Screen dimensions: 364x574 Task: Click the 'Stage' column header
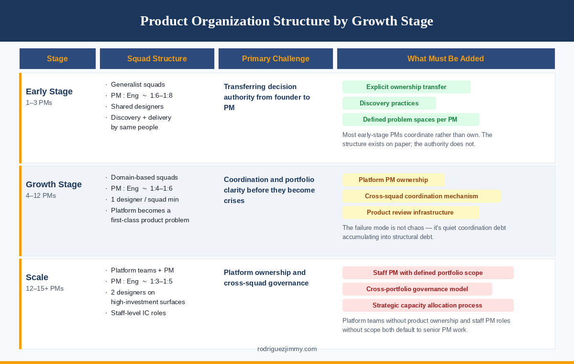click(x=57, y=59)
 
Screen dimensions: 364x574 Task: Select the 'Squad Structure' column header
click(x=157, y=59)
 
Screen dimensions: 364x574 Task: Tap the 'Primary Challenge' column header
click(x=276, y=59)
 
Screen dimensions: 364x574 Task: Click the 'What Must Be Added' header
click(x=445, y=59)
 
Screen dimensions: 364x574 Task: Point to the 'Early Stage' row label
click(x=49, y=91)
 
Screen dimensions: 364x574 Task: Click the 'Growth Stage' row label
click(x=54, y=184)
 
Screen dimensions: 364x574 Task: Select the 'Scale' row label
click(x=37, y=277)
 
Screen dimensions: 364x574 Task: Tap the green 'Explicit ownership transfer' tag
click(x=406, y=87)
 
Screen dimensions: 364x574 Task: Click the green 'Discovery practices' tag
click(x=389, y=103)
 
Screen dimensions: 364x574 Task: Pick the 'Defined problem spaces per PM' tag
click(x=410, y=120)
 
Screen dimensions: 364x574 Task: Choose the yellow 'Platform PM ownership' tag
click(x=393, y=180)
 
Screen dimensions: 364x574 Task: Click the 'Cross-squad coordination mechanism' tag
click(x=421, y=196)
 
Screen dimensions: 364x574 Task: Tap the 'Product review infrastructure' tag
click(x=410, y=213)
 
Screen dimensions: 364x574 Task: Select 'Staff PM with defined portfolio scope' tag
click(x=428, y=273)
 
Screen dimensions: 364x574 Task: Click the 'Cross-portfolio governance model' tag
click(x=417, y=289)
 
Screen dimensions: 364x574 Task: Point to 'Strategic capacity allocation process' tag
click(x=427, y=306)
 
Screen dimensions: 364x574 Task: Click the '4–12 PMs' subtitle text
click(x=41, y=196)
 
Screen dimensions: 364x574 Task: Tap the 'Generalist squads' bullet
click(x=138, y=84)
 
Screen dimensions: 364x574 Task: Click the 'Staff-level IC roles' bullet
click(x=138, y=313)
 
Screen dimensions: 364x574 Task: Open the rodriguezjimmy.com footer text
click(x=287, y=349)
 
